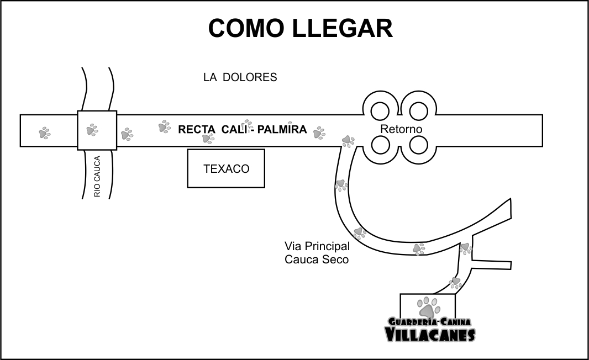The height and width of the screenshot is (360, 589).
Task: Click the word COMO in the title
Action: point(245,28)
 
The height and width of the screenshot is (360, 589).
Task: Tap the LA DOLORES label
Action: point(240,77)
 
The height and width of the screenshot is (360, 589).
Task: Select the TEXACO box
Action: point(226,168)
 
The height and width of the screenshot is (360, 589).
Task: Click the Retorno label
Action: point(401,129)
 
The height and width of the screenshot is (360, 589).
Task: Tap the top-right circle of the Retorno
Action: point(419,110)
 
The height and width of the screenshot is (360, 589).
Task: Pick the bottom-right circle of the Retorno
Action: point(419,145)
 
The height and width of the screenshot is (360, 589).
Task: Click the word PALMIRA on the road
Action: point(281,130)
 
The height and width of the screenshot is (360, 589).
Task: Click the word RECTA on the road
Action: point(196,130)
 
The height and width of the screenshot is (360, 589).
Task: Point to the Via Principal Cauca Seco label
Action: point(317,252)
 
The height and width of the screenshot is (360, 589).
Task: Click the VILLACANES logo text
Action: point(429,334)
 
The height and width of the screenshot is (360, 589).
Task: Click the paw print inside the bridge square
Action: point(92,130)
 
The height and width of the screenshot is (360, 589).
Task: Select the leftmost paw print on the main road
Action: point(44,133)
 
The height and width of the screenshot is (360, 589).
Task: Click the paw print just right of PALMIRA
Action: point(319,132)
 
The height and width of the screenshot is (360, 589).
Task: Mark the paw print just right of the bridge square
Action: point(127,134)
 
